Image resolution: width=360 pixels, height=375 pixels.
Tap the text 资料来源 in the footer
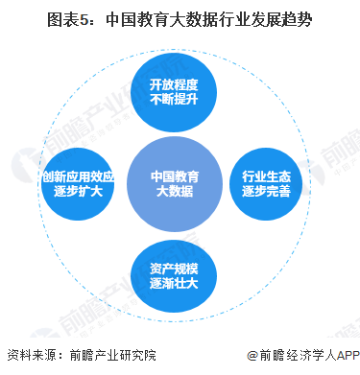coord(31,357)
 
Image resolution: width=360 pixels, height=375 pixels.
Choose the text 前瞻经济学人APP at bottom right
coord(307,357)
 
